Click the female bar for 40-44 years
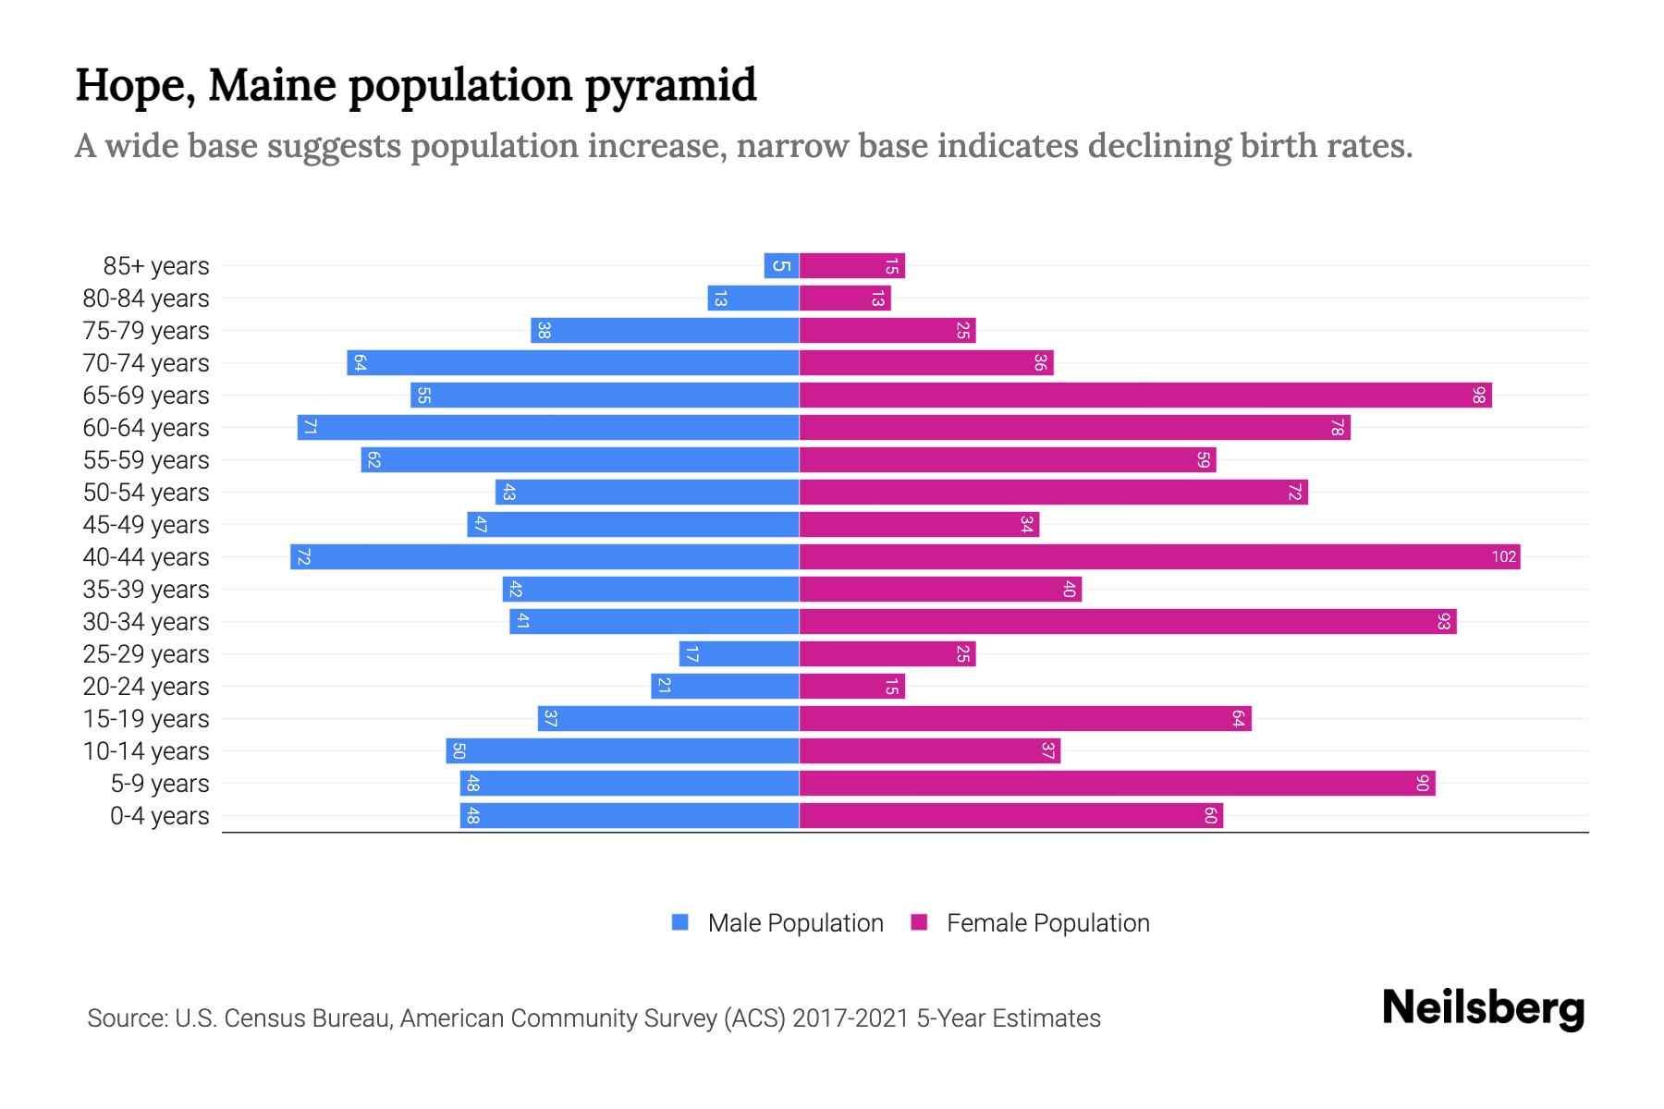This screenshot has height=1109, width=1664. point(1159,556)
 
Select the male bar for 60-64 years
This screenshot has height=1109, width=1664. point(548,427)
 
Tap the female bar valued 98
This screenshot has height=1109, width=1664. point(1145,395)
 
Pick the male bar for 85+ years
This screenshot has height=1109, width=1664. point(781,265)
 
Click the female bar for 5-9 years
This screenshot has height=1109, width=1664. point(1117,783)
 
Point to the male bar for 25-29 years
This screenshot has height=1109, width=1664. point(739,653)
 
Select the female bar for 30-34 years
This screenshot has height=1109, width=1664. point(1128,621)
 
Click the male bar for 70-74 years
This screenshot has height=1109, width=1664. point(573,362)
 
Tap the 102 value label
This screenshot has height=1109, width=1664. point(1503,556)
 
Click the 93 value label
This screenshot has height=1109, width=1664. point(1443,621)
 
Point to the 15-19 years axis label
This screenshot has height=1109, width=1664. point(146,718)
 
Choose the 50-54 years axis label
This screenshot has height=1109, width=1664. point(146,492)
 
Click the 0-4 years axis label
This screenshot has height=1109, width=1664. point(159,815)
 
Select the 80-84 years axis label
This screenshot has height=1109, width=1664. point(146,298)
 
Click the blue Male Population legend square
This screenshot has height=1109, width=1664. point(680,922)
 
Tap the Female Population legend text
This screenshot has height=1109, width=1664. point(1047,922)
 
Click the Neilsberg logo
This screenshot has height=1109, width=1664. point(1483,1008)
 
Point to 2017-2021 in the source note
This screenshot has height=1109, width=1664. point(850,1018)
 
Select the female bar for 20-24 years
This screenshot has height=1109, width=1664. point(851,686)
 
